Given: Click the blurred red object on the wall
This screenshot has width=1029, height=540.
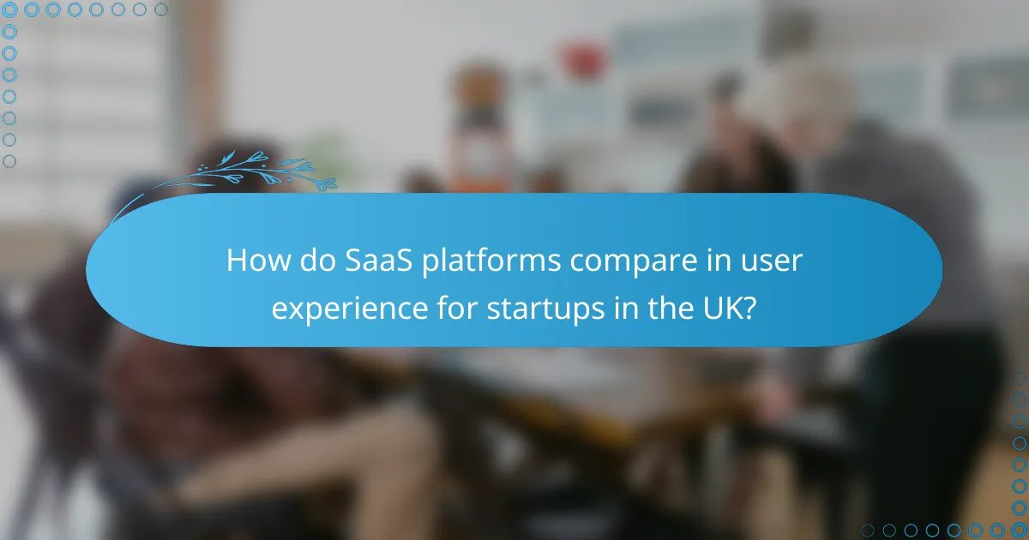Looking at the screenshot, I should point(582,60).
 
